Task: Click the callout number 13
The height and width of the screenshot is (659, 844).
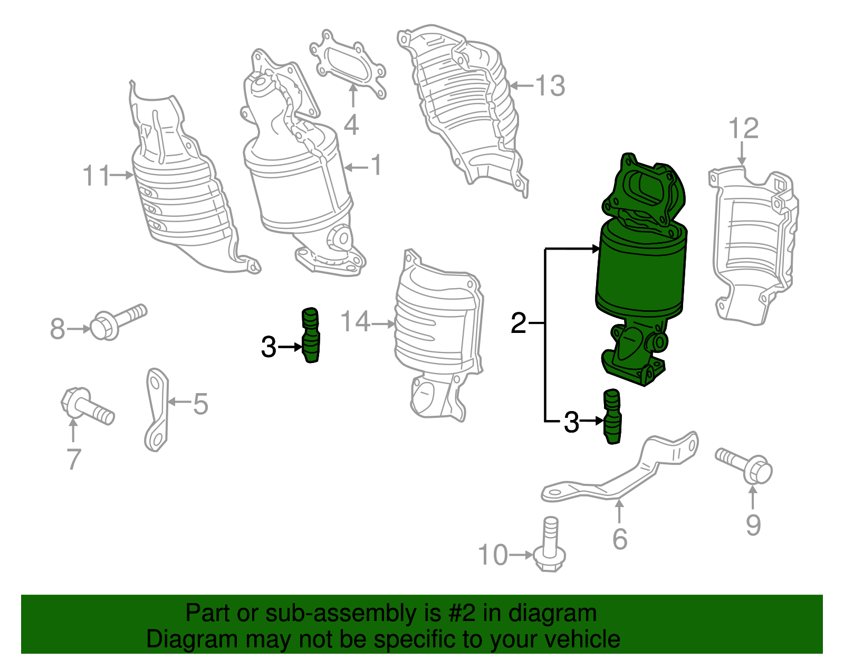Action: pyautogui.click(x=550, y=85)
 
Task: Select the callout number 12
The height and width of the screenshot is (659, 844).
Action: pyautogui.click(x=743, y=129)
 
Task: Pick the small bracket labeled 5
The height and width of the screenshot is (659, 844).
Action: pyautogui.click(x=156, y=409)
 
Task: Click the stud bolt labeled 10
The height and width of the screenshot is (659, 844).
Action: pyautogui.click(x=550, y=549)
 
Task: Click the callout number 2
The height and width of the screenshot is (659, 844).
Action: pyautogui.click(x=518, y=323)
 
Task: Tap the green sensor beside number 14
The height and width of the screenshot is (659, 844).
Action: pyautogui.click(x=311, y=335)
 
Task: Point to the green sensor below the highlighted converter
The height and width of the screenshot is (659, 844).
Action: pyautogui.click(x=612, y=417)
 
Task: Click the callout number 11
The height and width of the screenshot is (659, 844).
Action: pyautogui.click(x=97, y=175)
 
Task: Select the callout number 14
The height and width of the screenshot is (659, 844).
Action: pyautogui.click(x=355, y=321)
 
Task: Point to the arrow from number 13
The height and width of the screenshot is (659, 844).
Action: pyautogui.click(x=522, y=85)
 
